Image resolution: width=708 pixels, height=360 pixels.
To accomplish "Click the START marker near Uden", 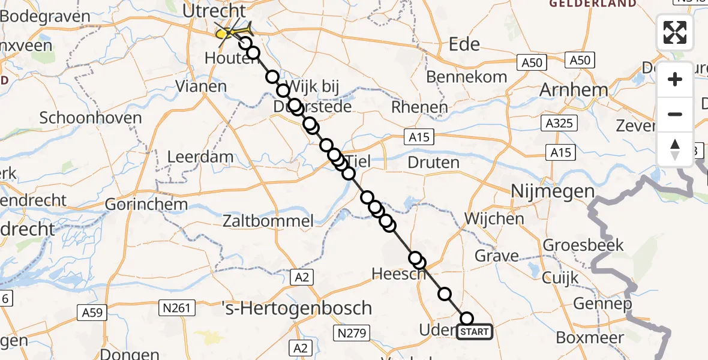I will coord(475,331).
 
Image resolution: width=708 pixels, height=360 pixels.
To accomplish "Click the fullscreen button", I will coord(675,32).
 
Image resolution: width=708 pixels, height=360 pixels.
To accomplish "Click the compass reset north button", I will coord(675,149).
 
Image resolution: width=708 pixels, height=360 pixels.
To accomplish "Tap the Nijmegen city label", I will coord(552,192).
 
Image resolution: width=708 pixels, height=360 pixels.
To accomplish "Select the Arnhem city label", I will coord(574,90).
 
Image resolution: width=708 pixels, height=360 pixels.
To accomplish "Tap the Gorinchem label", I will coord(146,204).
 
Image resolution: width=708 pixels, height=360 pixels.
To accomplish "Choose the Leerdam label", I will coord(192,157).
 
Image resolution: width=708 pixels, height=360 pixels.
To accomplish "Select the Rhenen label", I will coord(419,108).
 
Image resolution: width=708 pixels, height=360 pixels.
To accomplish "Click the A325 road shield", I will coord(558,124).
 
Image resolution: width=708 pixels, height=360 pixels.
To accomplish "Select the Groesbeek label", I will coord(583,245).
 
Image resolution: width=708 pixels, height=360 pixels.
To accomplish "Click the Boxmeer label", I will coord(590,337).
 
